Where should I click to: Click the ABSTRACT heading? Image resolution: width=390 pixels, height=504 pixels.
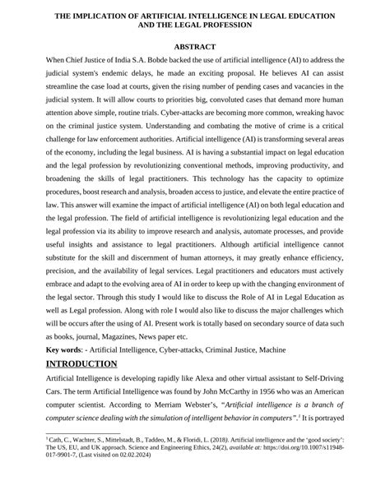tap(194, 46)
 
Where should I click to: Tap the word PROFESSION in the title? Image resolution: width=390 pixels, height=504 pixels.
tap(211, 25)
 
